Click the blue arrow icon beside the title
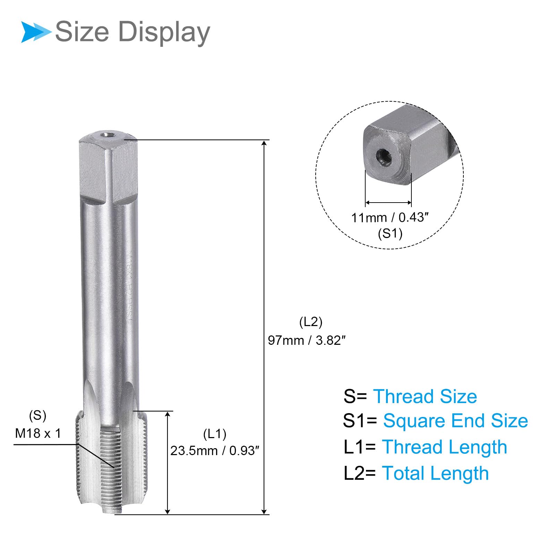coord(35,32)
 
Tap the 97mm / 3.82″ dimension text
coord(307,340)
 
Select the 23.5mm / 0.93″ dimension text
coord(215,451)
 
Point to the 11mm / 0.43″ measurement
coord(390,217)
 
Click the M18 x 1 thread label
coord(38,433)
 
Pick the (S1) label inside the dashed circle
coord(390,233)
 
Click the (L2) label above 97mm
coord(311,322)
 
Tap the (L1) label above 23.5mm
coord(215,434)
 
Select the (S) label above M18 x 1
coord(37,415)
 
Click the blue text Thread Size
coord(425,396)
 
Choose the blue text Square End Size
coord(455,421)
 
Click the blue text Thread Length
coord(444,447)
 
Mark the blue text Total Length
coord(435,473)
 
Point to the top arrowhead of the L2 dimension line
coord(264,143)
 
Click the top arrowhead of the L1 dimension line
coord(168,414)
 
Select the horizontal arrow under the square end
coord(388,203)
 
